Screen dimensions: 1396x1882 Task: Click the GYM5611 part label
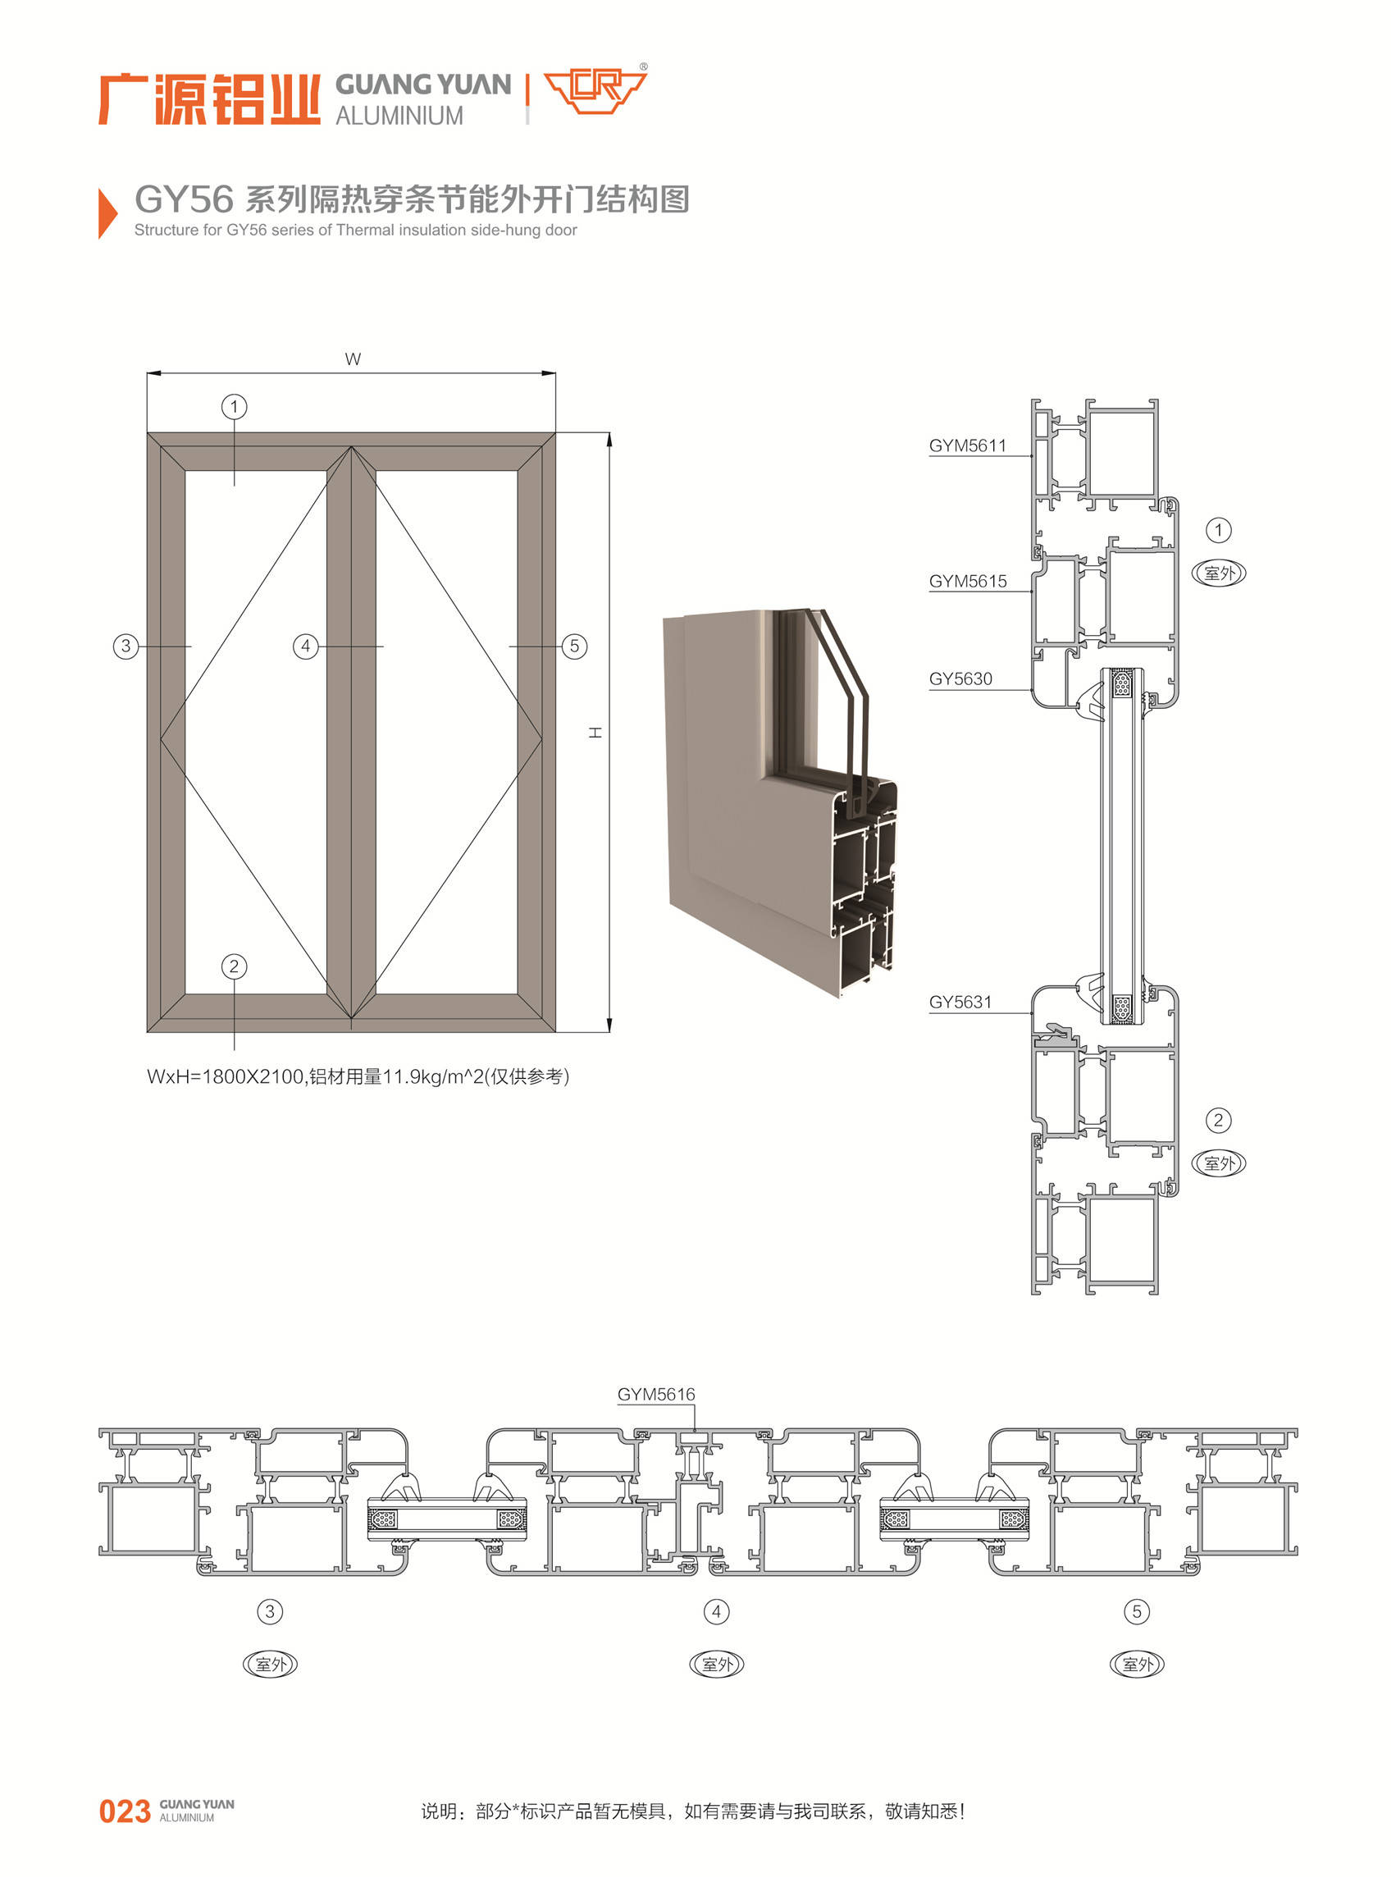point(968,445)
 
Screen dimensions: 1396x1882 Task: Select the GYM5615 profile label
point(968,581)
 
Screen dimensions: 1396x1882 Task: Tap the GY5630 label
point(960,678)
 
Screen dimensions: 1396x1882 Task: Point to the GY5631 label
point(960,1002)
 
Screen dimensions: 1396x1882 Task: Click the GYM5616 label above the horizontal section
point(655,1394)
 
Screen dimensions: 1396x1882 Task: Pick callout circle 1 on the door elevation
point(234,406)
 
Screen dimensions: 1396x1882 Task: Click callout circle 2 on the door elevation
point(234,966)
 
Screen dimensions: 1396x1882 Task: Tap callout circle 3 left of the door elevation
point(126,646)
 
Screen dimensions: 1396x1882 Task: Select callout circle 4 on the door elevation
point(305,646)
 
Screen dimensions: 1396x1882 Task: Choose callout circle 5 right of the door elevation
point(575,646)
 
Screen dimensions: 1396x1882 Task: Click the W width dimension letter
point(354,359)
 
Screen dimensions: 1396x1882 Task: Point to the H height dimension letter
point(595,732)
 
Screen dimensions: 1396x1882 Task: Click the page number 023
point(125,1811)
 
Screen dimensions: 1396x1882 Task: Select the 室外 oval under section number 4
point(718,1664)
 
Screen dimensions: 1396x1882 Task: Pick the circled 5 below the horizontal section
point(1137,1610)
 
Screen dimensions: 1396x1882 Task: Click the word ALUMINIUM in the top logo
point(399,116)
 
